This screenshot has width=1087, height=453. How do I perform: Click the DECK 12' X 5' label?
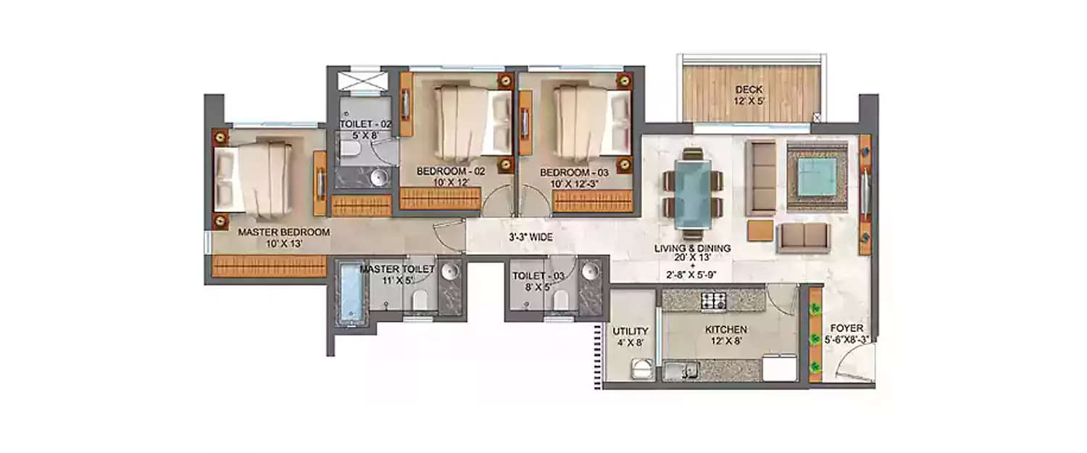(749, 95)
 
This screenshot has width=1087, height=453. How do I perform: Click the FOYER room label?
(846, 333)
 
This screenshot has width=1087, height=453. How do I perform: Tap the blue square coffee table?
(817, 174)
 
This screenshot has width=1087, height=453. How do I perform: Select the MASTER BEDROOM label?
(283, 238)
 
